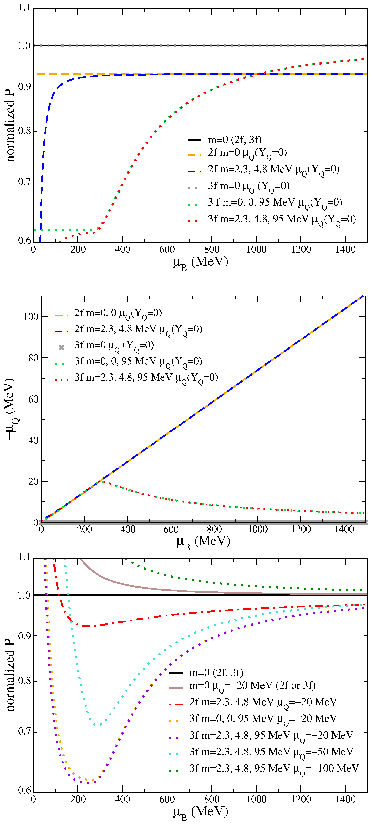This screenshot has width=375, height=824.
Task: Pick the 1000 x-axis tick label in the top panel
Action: click(x=256, y=249)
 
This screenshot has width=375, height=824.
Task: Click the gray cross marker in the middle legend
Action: click(x=61, y=347)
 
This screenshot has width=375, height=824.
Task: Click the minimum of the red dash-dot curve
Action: click(x=88, y=626)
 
